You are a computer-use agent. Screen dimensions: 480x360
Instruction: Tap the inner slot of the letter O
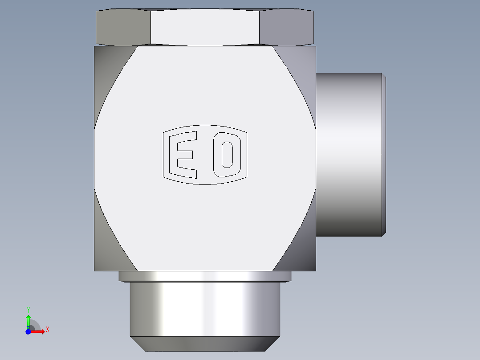click(227, 155)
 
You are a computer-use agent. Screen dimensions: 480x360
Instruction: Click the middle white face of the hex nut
click(205, 28)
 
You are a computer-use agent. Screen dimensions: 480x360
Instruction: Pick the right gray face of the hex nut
click(286, 28)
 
